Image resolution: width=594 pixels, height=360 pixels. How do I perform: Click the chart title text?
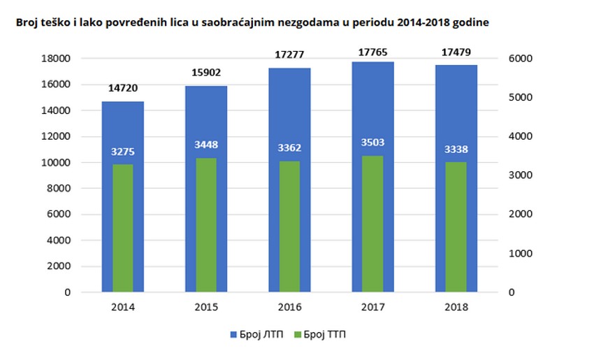[x=252, y=22]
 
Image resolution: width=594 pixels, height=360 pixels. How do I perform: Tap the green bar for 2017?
[x=372, y=224]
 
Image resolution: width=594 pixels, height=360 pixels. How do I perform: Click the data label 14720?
[x=123, y=89]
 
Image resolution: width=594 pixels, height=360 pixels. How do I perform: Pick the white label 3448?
[x=206, y=145]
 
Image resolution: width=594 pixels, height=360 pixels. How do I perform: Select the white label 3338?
[x=456, y=148]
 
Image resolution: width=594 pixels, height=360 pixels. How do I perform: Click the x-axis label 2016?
[x=289, y=307]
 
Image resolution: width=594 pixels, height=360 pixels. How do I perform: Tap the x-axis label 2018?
[x=456, y=307]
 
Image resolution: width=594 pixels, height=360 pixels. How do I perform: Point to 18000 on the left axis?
[x=58, y=59]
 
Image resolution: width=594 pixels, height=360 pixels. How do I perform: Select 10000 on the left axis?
[x=58, y=163]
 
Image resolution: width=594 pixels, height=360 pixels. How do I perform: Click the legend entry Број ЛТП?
[x=256, y=335]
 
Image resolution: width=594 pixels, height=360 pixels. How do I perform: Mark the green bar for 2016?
[x=289, y=226]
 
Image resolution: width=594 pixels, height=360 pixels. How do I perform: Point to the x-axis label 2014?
[x=123, y=307]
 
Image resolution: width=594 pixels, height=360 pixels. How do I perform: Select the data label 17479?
[x=456, y=52]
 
